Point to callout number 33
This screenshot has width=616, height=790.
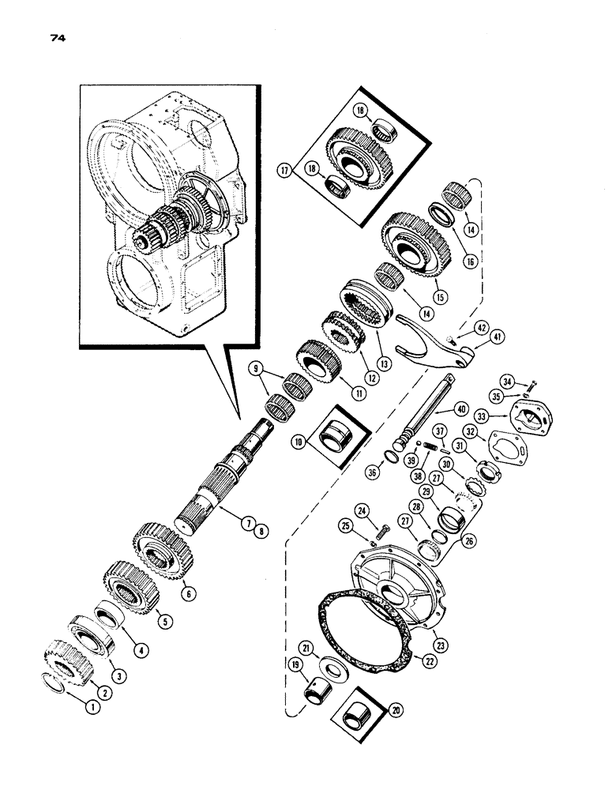pos(481,413)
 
